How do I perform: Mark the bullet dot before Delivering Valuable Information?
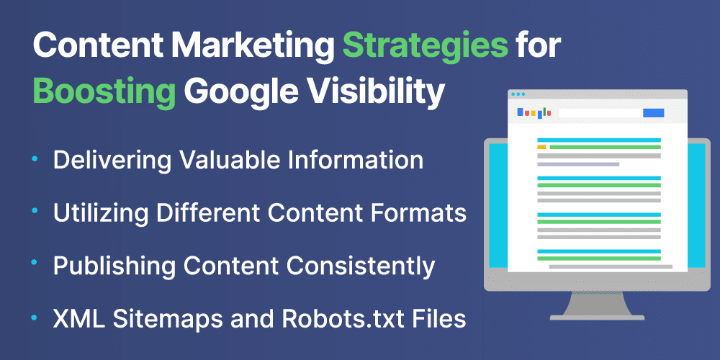(35, 158)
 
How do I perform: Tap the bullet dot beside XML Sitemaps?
(35, 318)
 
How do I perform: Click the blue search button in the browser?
(654, 113)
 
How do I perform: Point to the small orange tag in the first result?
(541, 148)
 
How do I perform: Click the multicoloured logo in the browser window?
(534, 112)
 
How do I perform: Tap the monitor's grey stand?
(596, 305)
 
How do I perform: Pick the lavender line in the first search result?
(578, 164)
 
